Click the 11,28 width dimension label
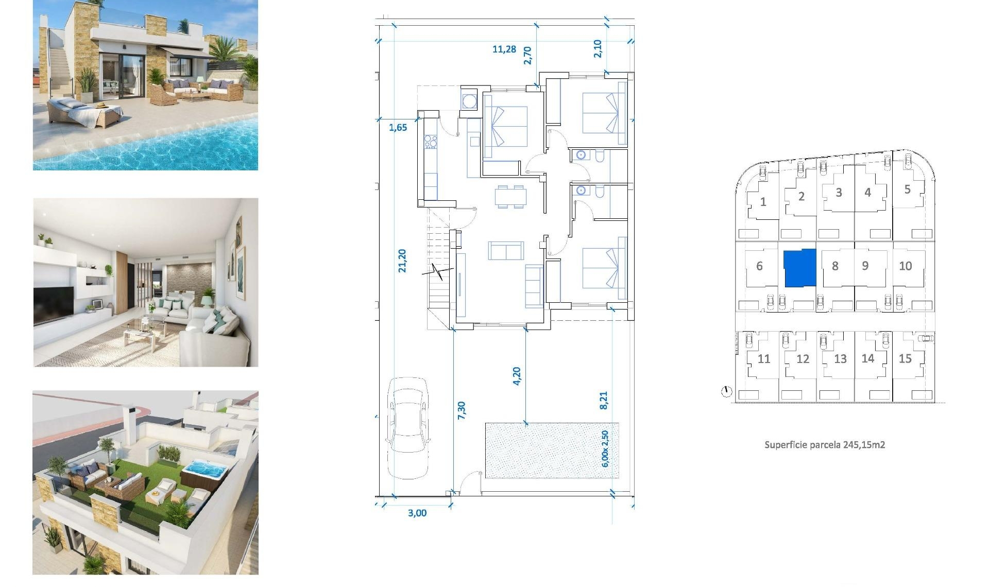point(504,49)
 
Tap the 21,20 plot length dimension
point(402,261)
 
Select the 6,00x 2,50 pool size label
point(605,448)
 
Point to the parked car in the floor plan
point(408,427)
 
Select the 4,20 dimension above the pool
point(517,375)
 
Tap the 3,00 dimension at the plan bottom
point(417,513)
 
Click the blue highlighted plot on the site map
point(800,268)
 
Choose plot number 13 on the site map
point(840,359)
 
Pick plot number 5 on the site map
point(907,189)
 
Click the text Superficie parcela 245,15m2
point(824,445)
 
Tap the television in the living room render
point(53,304)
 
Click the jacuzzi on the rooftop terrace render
point(206,470)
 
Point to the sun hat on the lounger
point(101,106)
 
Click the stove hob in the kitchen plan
point(430,142)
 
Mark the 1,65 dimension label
point(398,128)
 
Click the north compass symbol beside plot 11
point(726,392)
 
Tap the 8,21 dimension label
point(604,400)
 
